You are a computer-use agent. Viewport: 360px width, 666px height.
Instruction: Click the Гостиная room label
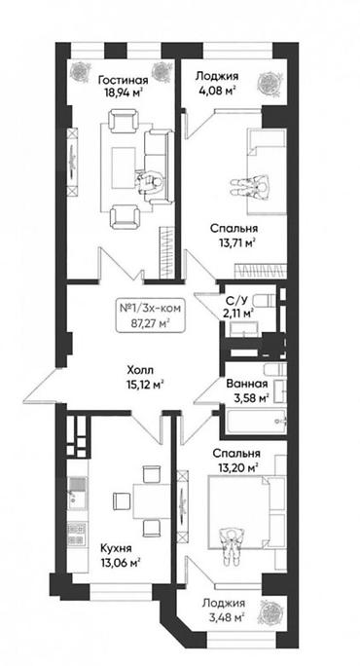click(x=124, y=80)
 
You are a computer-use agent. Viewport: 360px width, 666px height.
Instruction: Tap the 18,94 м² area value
click(x=124, y=93)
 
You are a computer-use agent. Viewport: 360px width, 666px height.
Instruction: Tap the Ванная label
click(x=247, y=385)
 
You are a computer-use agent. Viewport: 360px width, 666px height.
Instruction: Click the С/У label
click(x=237, y=301)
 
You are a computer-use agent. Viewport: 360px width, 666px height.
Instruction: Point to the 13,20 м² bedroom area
click(x=237, y=467)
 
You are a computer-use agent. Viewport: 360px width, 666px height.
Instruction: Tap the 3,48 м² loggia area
click(x=224, y=616)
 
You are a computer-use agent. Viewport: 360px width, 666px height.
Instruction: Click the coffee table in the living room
click(x=124, y=167)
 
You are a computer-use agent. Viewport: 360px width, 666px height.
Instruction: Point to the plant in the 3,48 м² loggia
click(x=270, y=613)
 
